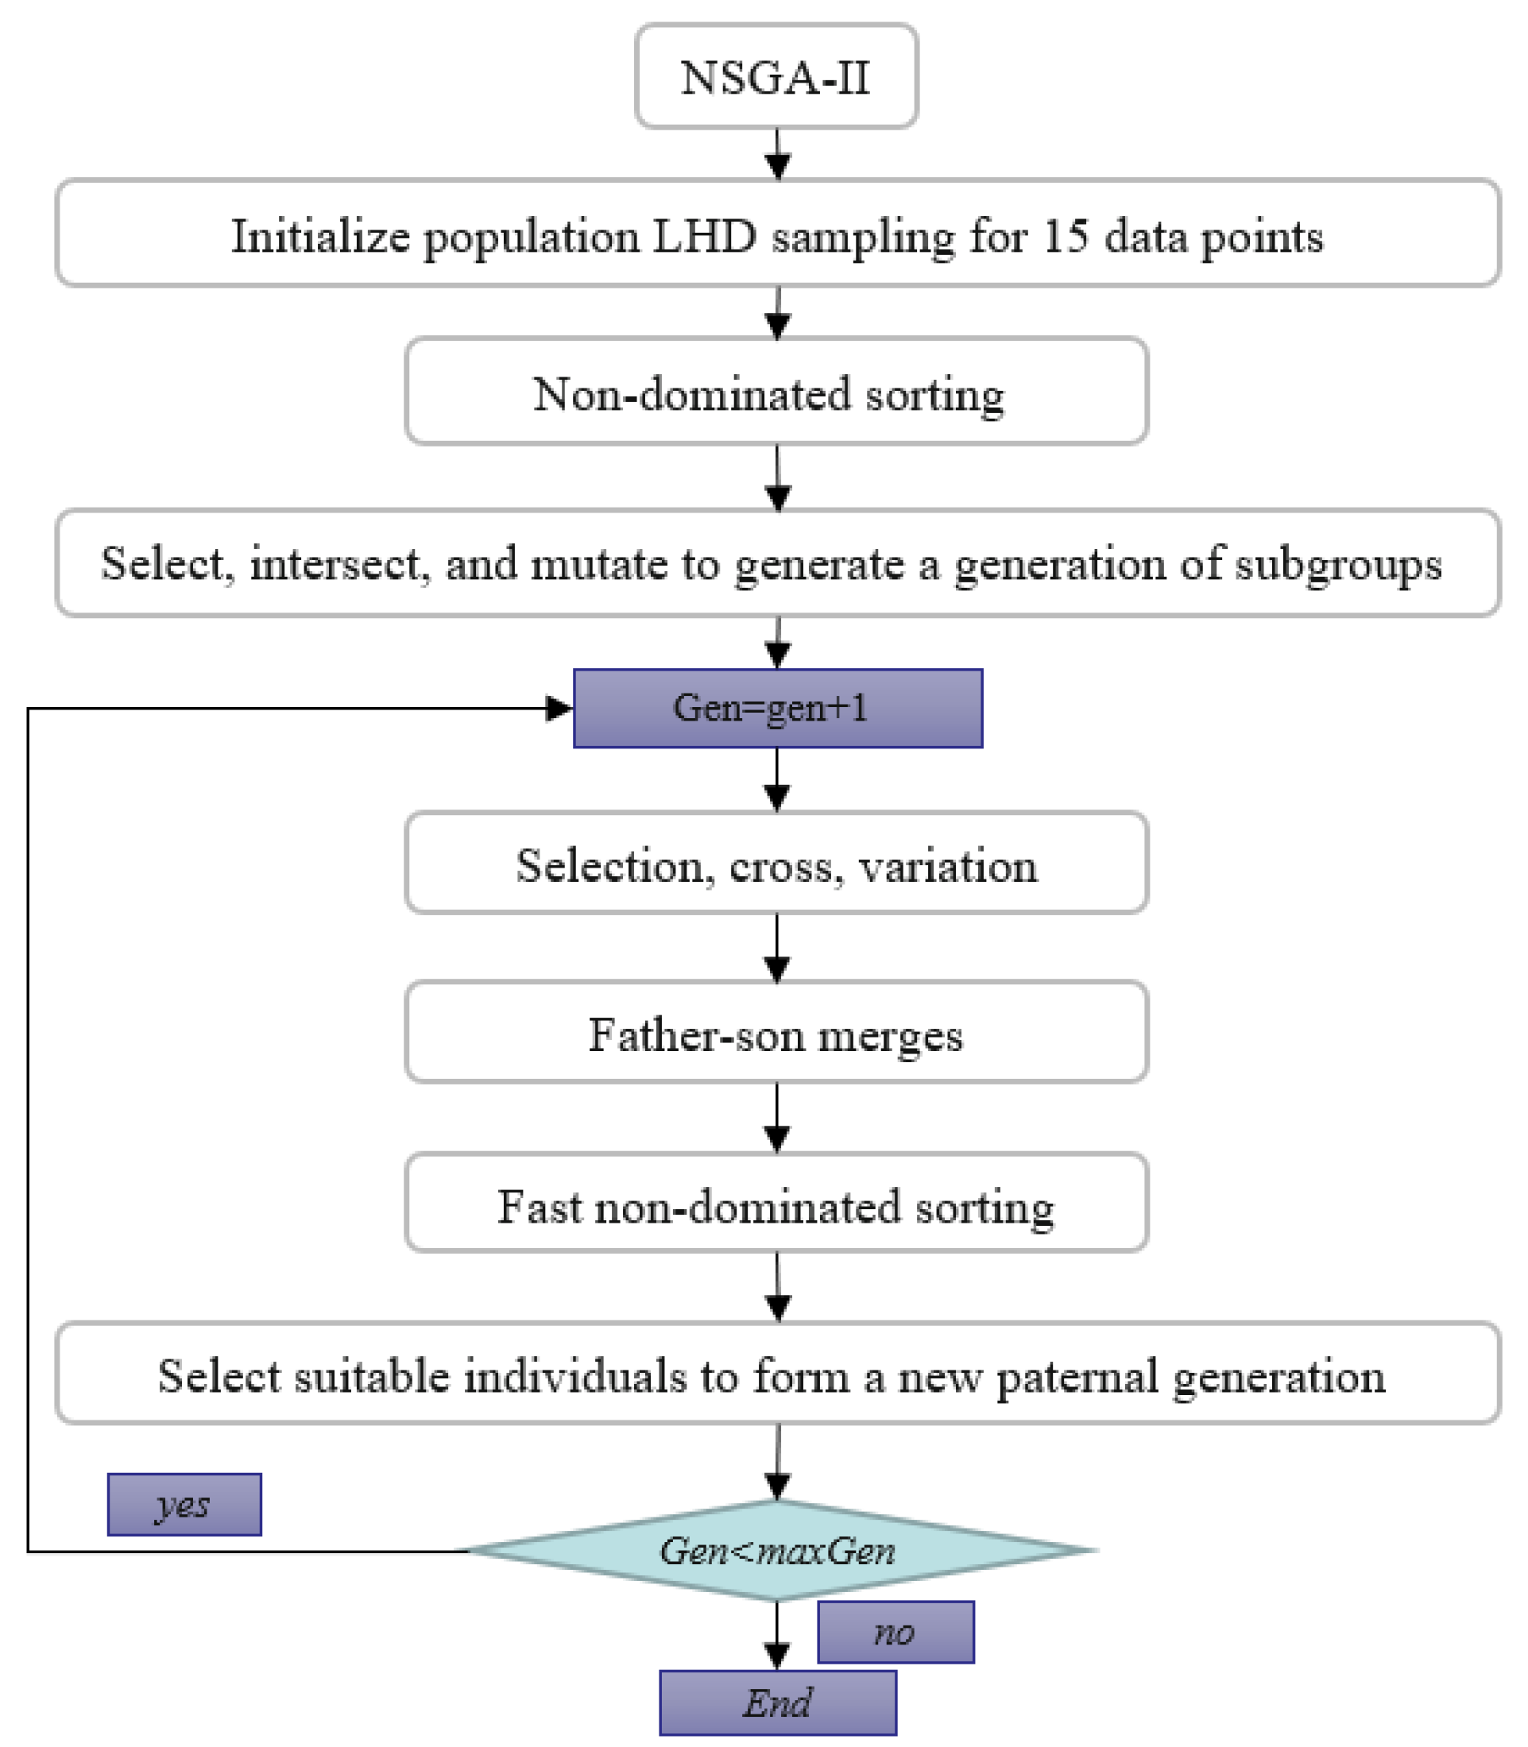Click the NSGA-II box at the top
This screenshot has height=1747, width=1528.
click(x=776, y=77)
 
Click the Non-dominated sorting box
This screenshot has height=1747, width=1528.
click(x=776, y=393)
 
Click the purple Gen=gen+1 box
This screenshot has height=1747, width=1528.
click(x=777, y=708)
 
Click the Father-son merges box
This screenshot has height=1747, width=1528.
click(x=776, y=1034)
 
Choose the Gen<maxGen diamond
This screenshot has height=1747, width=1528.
click(x=777, y=1550)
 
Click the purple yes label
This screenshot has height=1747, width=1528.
click(x=184, y=1505)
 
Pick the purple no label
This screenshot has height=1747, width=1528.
click(x=896, y=1632)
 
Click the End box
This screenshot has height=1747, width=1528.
click(x=777, y=1703)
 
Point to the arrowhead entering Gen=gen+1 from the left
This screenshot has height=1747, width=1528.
click(x=559, y=708)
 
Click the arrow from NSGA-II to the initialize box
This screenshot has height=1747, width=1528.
click(x=777, y=155)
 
